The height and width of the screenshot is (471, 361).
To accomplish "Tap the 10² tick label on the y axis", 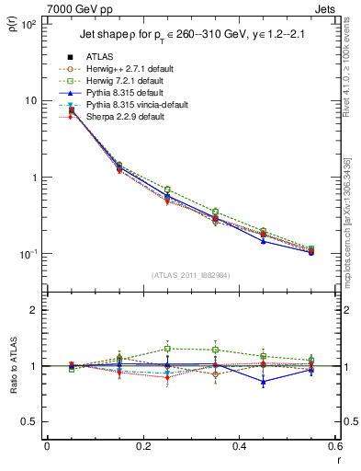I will coord(27,25).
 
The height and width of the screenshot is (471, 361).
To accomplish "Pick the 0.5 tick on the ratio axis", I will coord(28,421).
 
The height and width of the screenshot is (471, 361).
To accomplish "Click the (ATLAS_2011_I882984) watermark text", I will coord(191,275).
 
